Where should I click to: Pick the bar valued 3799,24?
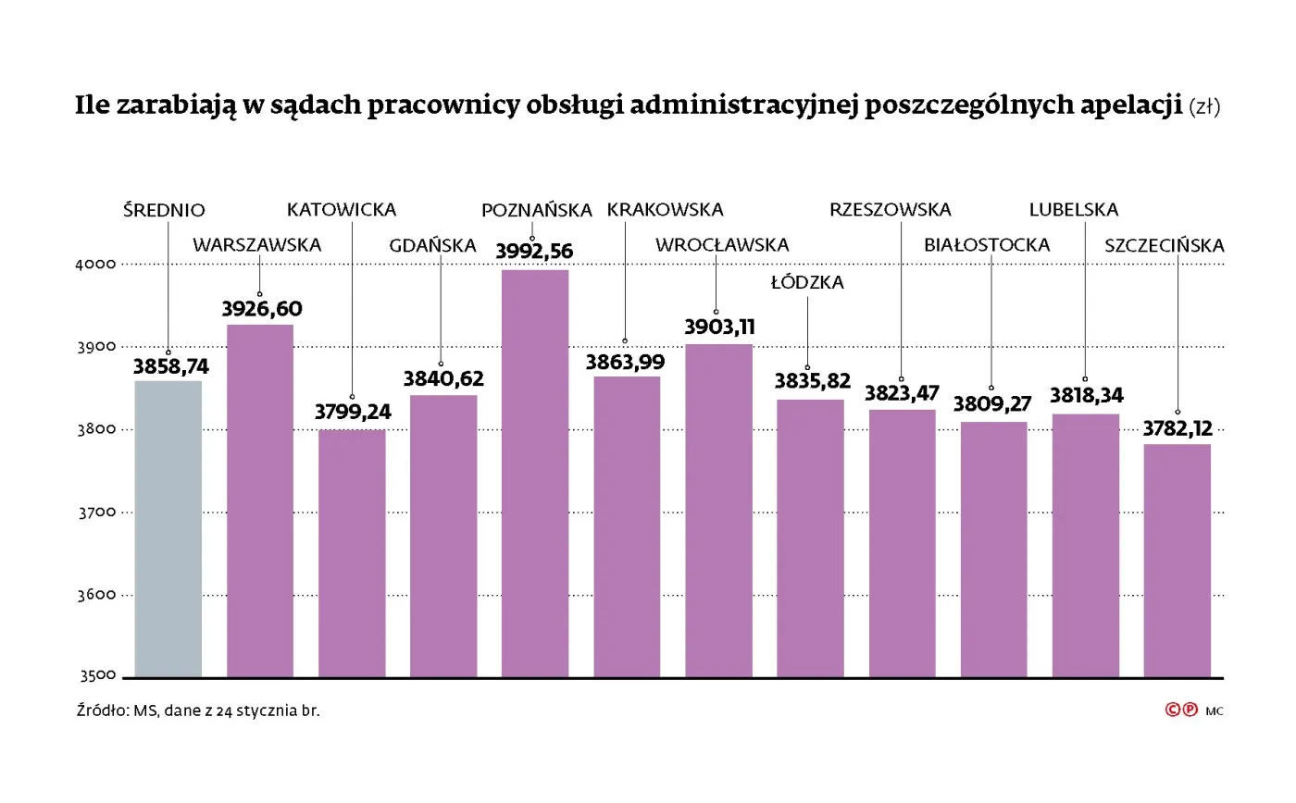coord(352,552)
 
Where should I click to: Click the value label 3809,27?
coord(992,404)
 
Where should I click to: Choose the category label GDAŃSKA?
coord(432,246)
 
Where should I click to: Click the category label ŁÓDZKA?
coord(807,283)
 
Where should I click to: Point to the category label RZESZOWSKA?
coord(890,210)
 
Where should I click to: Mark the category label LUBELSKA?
coord(1073,210)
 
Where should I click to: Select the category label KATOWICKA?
coord(341,210)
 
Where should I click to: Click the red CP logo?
coord(1181,710)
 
